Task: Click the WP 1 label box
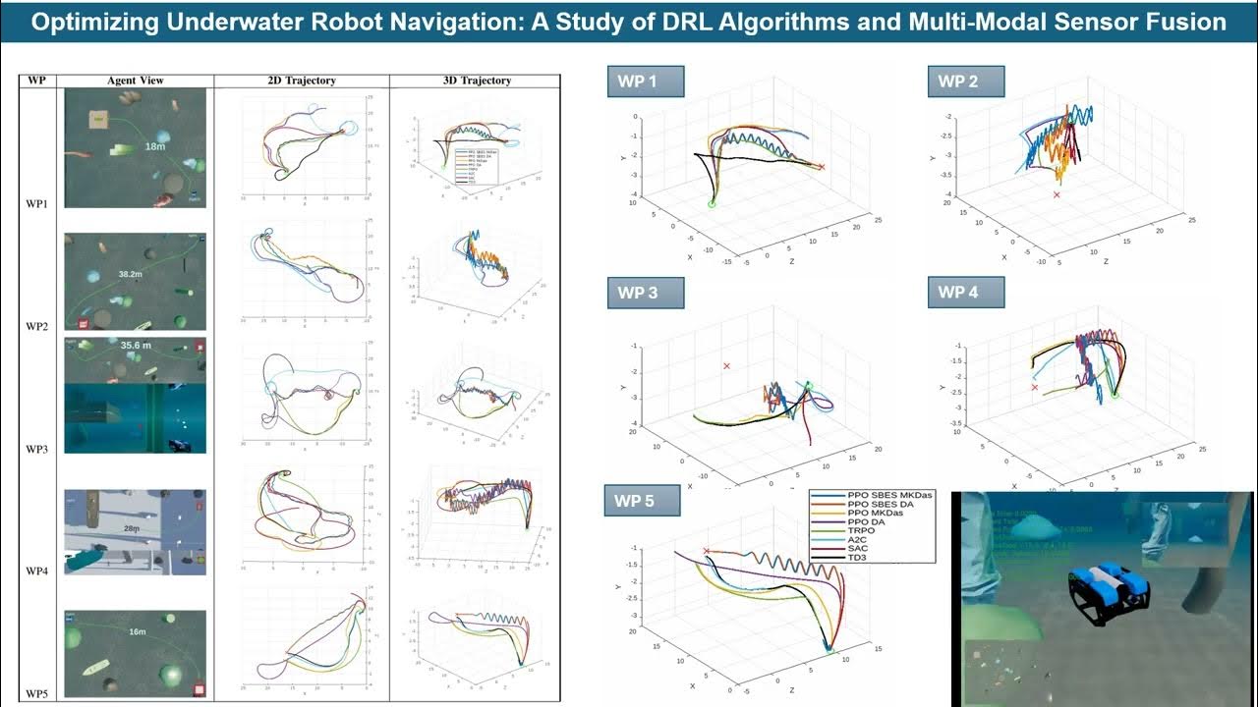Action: [646, 82]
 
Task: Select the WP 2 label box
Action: [966, 82]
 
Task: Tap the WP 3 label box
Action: [646, 293]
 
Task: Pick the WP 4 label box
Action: [966, 293]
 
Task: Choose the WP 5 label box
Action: [643, 501]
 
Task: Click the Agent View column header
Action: [135, 81]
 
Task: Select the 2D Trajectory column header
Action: [302, 81]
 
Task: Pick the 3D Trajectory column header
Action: [477, 81]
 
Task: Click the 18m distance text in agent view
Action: [154, 146]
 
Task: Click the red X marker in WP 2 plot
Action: [1057, 195]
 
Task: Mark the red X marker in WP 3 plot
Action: [727, 366]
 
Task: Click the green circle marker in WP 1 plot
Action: [712, 203]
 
